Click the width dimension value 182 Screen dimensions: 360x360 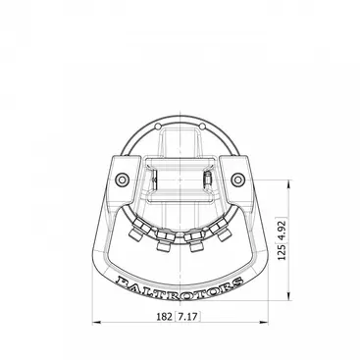click(164, 317)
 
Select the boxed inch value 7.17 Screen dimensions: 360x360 click(188, 317)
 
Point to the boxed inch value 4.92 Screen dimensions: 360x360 click(283, 230)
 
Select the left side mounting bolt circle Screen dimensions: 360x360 click(123, 180)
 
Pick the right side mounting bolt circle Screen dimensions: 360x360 click(237, 180)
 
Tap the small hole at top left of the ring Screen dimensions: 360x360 click(158, 127)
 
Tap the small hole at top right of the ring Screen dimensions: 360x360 click(202, 127)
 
